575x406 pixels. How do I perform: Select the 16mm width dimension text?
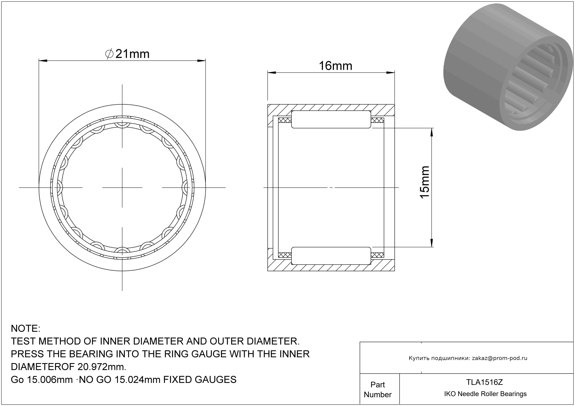pos(335,66)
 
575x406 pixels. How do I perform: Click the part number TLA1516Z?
pos(484,382)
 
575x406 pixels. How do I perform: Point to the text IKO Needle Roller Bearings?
pos(485,394)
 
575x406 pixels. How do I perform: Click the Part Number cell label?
pos(378,390)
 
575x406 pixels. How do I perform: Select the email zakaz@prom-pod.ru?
pos(500,358)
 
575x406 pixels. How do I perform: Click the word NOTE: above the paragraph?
pos(26,328)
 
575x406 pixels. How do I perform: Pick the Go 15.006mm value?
pos(42,380)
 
